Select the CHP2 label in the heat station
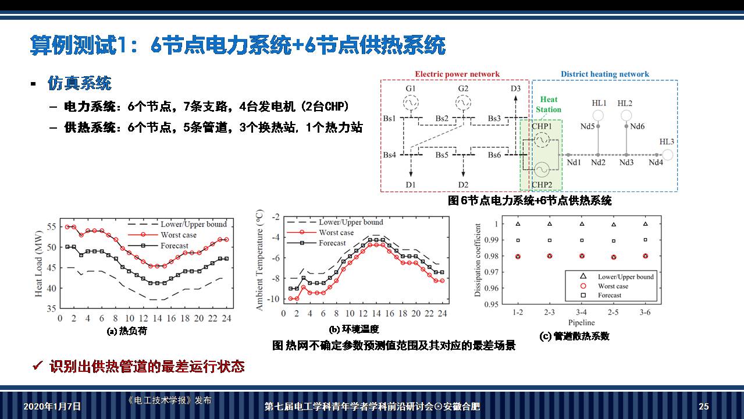pyautogui.click(x=541, y=185)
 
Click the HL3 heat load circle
pyautogui.click(x=668, y=155)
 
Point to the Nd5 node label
pyautogui.click(x=588, y=126)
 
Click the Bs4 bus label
pyautogui.click(x=389, y=155)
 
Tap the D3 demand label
pyautogui.click(x=515, y=88)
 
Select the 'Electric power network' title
pyautogui.click(x=457, y=74)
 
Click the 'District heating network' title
pyautogui.click(x=604, y=74)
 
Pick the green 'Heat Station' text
pyautogui.click(x=549, y=105)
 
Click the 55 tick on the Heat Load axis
pyautogui.click(x=52, y=227)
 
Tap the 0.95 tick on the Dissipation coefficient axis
pyautogui.click(x=491, y=304)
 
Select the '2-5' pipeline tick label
pyautogui.click(x=613, y=313)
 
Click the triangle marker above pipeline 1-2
pyautogui.click(x=517, y=224)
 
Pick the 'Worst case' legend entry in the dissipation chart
pyautogui.click(x=613, y=286)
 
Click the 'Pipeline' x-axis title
pyautogui.click(x=581, y=322)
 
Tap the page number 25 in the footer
pyautogui.click(x=704, y=407)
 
